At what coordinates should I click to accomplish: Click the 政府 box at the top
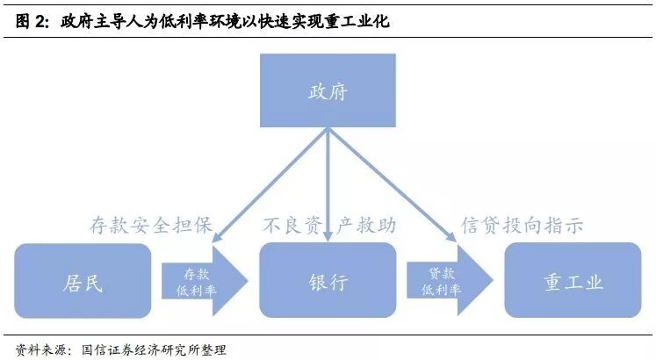pyautogui.click(x=328, y=90)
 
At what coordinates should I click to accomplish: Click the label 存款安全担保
pyautogui.click(x=151, y=226)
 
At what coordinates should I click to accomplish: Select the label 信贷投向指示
pyautogui.click(x=523, y=226)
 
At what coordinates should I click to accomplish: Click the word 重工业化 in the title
pyautogui.click(x=359, y=22)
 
